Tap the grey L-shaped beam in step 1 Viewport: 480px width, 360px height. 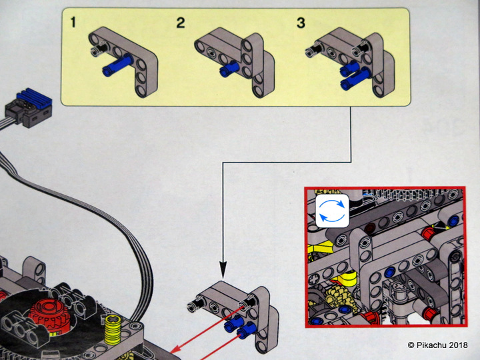pyautogui.click(x=133, y=57)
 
